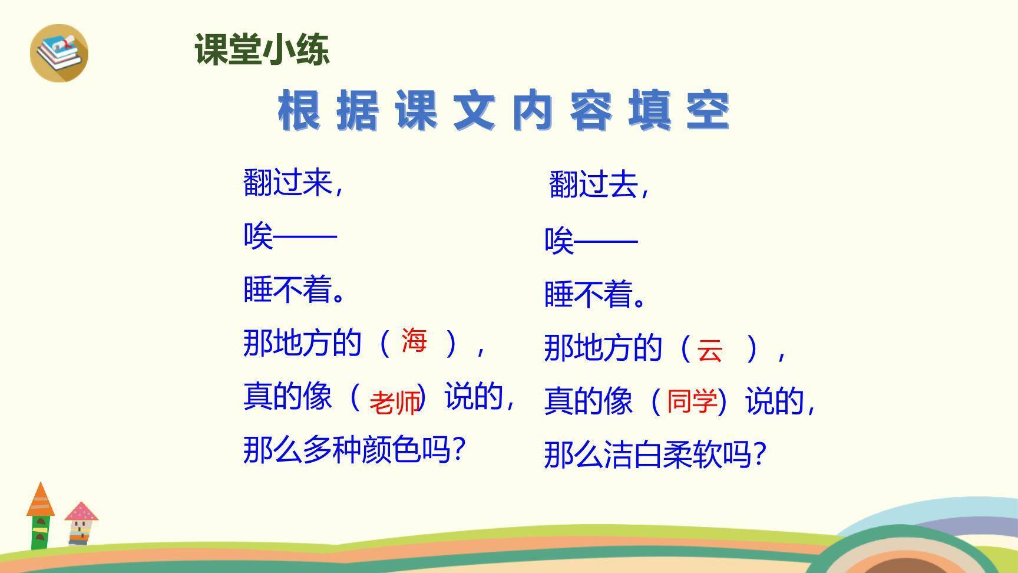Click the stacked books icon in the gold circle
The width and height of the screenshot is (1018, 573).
[59, 52]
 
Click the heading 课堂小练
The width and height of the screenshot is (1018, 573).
[262, 50]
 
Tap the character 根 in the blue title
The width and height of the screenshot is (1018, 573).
[299, 111]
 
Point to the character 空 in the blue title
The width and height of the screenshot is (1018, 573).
[708, 111]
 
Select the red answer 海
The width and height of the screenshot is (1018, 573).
[414, 341]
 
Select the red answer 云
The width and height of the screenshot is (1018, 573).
[709, 350]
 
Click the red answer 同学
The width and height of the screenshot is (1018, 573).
[692, 401]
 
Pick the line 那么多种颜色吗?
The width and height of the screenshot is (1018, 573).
[354, 450]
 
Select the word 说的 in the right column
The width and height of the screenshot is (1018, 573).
[774, 401]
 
